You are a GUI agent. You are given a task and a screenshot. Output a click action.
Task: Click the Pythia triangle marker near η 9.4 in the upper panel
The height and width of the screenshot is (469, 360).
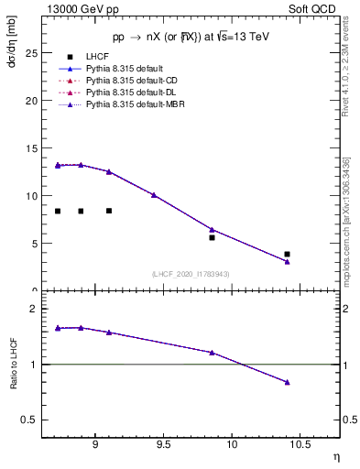154,195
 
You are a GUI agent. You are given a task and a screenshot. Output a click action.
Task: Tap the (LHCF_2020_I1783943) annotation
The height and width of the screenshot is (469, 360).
191,274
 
